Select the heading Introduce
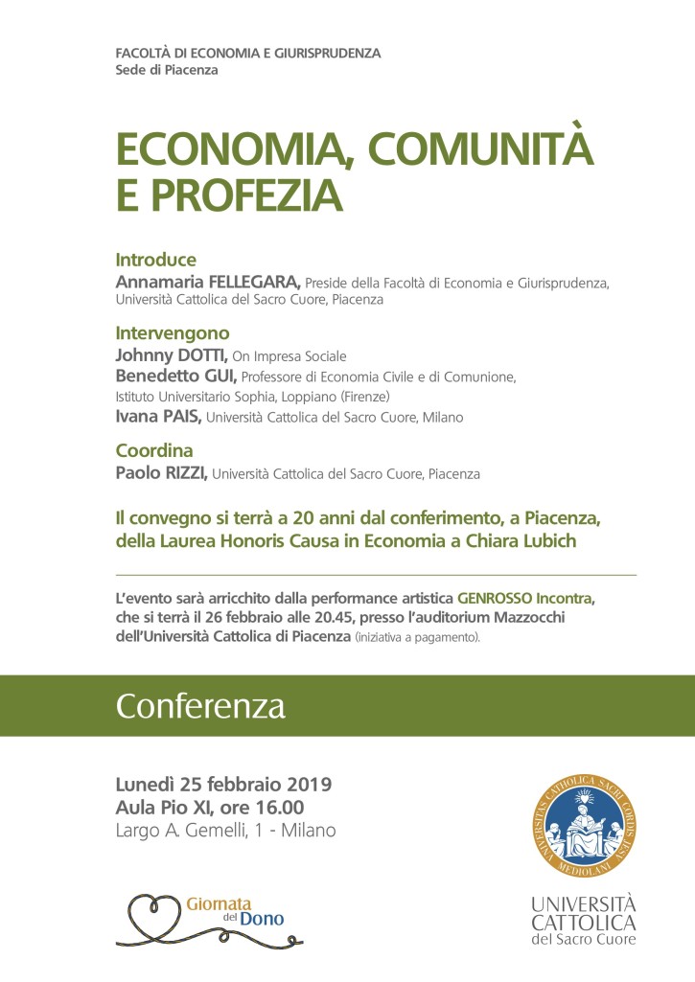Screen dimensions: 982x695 pos(155,260)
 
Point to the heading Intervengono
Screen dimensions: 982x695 pos(173,333)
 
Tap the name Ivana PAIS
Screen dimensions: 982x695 pos(158,417)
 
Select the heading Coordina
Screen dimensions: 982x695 pos(154,450)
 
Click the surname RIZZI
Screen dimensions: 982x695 pos(182,473)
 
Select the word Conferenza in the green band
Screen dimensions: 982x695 pos(200,706)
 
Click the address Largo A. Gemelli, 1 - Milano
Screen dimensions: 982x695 pos(225,831)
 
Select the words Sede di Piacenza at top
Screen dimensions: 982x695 pos(166,70)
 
